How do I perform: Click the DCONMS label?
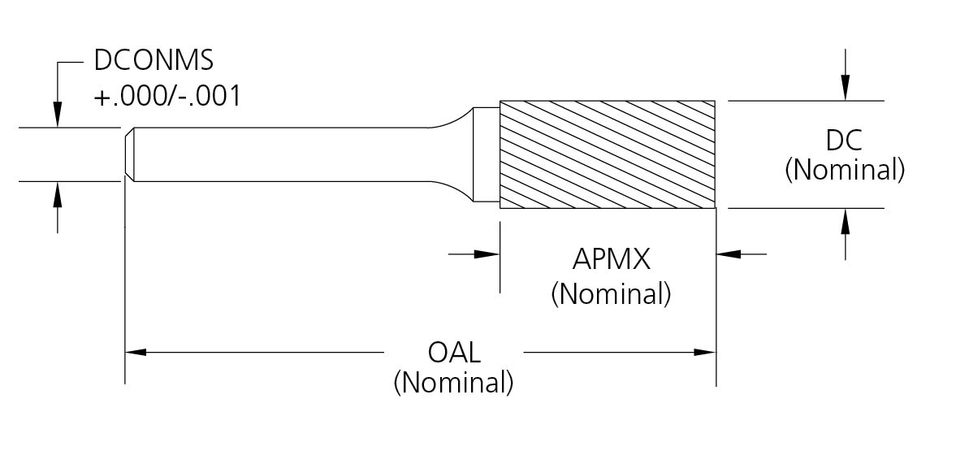pyautogui.click(x=155, y=62)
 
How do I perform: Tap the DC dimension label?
pyautogui.click(x=845, y=141)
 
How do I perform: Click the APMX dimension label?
pyautogui.click(x=611, y=261)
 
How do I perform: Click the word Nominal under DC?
pyautogui.click(x=845, y=171)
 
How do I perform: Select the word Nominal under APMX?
pyautogui.click(x=611, y=293)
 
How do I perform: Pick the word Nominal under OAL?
pyautogui.click(x=453, y=382)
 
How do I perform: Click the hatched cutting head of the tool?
pyautogui.click(x=608, y=154)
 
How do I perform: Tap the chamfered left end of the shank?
pyautogui.click(x=129, y=154)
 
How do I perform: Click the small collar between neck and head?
pyautogui.click(x=487, y=154)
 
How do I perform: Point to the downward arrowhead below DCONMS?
pyautogui.click(x=58, y=117)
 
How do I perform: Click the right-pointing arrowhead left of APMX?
pyautogui.click(x=487, y=254)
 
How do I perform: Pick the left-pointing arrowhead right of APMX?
pyautogui.click(x=728, y=254)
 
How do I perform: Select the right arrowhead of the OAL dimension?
pyautogui.click(x=704, y=353)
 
